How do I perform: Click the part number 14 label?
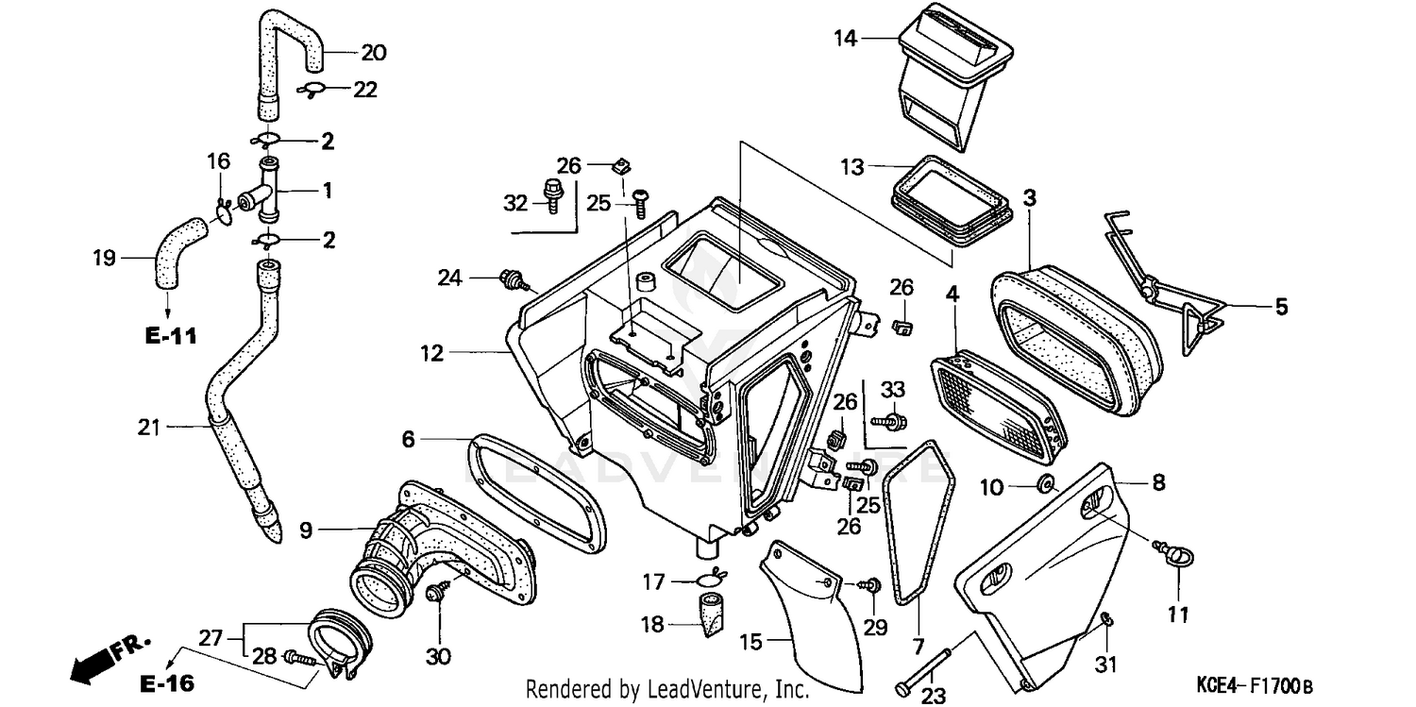coord(844,39)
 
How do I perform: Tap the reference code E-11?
coord(170,335)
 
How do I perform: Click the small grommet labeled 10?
coord(1045,486)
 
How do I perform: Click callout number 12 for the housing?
coord(431,354)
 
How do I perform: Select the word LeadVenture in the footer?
coord(699,689)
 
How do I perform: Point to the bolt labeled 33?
coord(891,418)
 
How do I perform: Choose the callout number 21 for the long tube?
coord(148,428)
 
